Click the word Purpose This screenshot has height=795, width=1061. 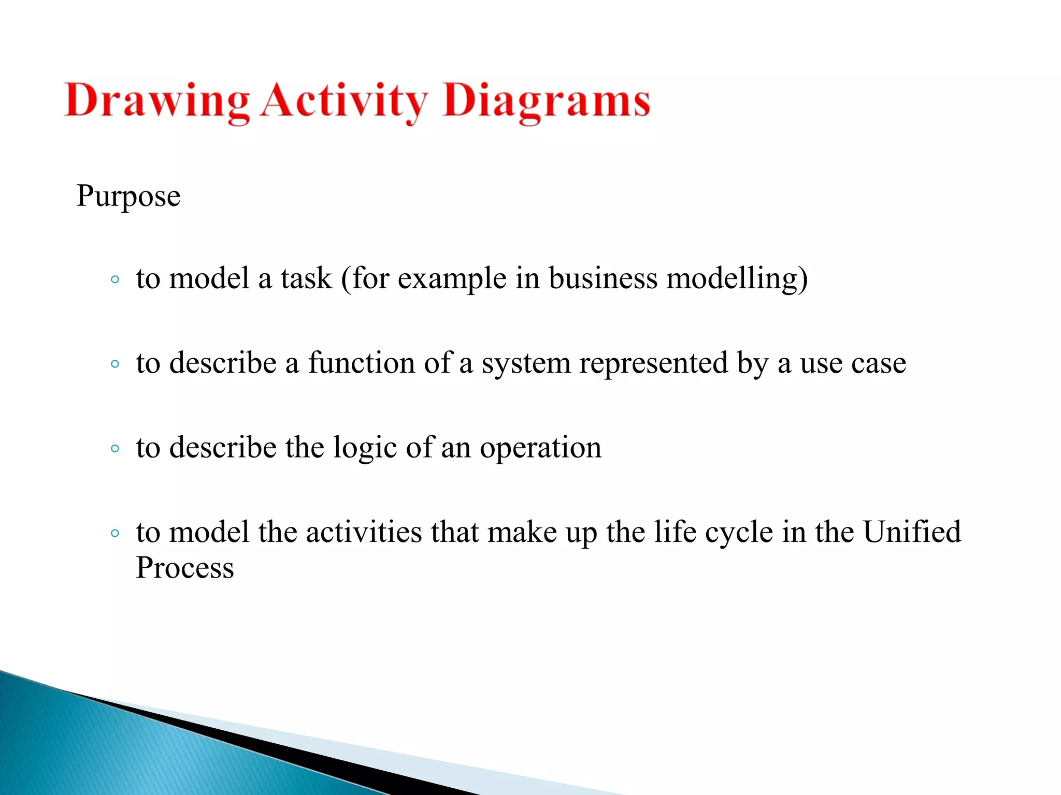click(128, 197)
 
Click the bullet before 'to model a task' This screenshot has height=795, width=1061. click(115, 280)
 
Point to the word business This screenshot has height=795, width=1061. click(603, 279)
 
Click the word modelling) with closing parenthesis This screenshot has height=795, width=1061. click(737, 279)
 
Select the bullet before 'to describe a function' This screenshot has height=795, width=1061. click(115, 364)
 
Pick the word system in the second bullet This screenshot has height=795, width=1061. click(526, 364)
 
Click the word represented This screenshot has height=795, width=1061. click(653, 363)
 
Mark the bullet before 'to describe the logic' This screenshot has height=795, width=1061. click(115, 448)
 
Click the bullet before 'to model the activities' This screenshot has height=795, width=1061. click(115, 533)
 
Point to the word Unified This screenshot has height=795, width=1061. click(911, 532)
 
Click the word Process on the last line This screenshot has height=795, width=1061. click(185, 568)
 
